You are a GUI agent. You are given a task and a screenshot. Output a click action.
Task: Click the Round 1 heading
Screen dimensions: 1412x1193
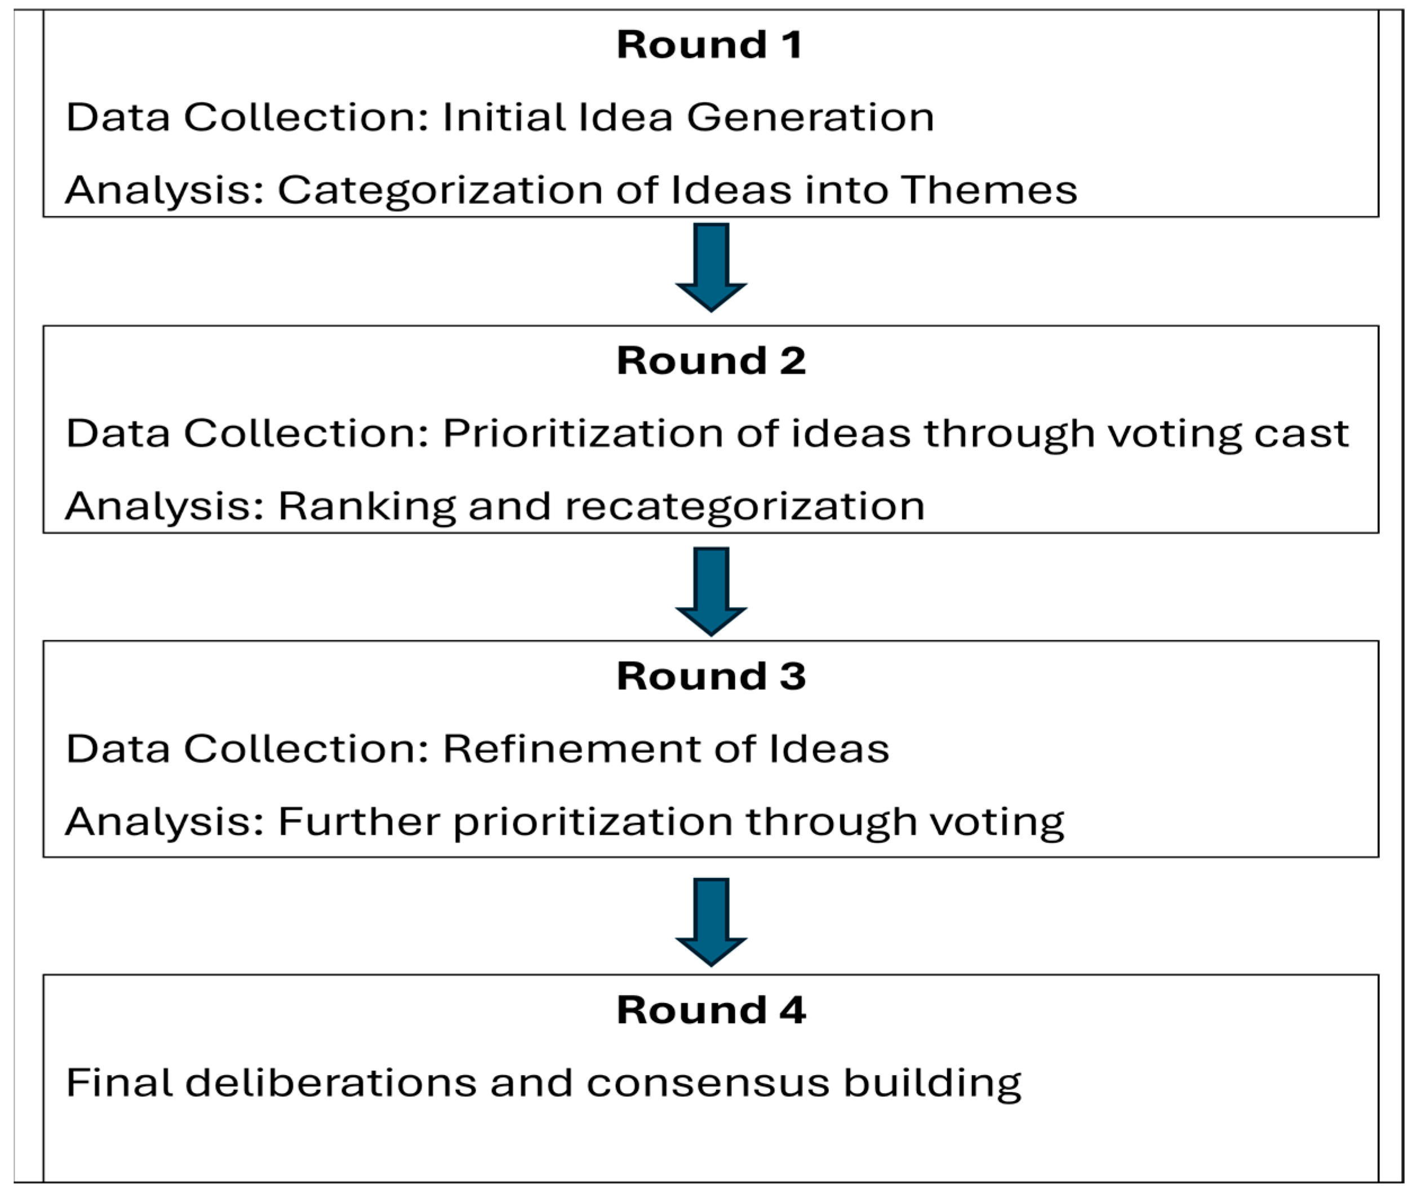[x=709, y=45]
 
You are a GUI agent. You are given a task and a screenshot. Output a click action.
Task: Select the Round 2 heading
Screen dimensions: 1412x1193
[x=711, y=361]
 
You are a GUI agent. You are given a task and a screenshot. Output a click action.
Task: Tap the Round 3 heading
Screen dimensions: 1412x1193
[x=711, y=676]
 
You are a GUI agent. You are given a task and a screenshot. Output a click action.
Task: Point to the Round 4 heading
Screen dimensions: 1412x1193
[x=711, y=1010]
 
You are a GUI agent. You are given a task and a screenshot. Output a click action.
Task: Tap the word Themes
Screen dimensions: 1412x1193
[x=989, y=189]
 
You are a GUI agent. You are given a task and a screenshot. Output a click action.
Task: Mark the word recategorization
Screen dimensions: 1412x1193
[x=744, y=507]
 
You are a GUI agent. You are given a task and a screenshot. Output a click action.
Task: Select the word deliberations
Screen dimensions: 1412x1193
[x=331, y=1083]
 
